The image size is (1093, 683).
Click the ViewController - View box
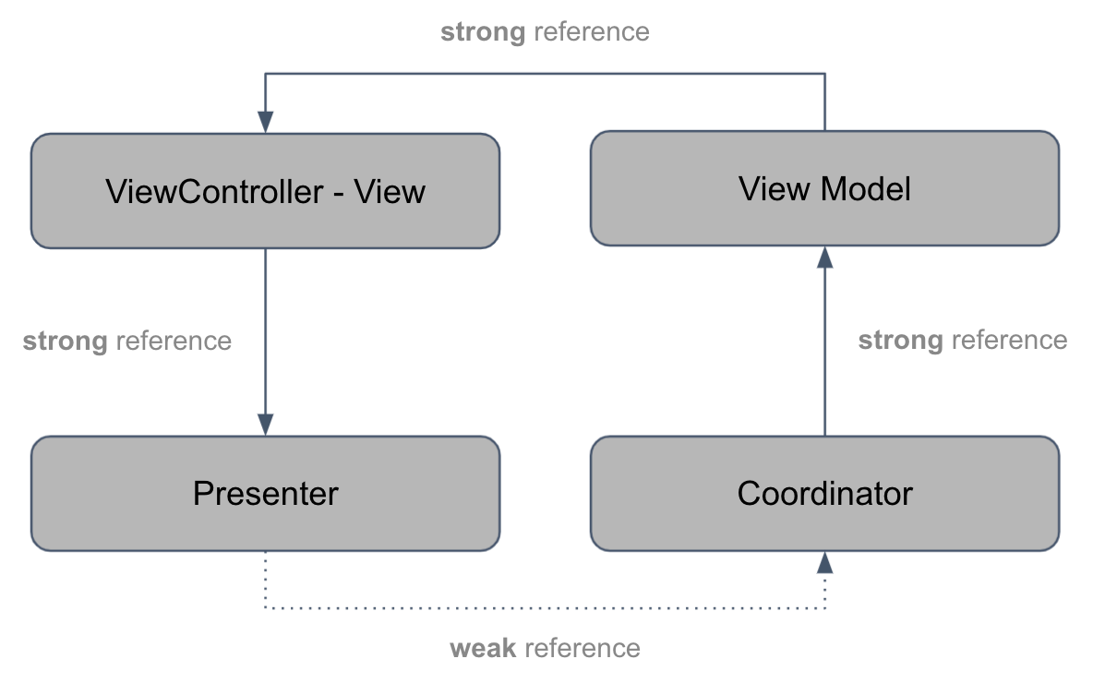click(x=265, y=191)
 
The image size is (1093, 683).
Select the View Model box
click(x=824, y=188)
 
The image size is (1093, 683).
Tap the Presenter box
click(x=265, y=494)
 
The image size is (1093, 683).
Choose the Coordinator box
click(x=824, y=494)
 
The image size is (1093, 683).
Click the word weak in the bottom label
click(x=483, y=648)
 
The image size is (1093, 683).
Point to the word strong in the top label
click(x=483, y=32)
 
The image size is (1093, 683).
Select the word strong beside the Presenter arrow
click(x=65, y=341)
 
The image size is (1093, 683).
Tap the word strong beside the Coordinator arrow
click(x=900, y=341)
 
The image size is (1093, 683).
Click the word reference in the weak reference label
click(x=582, y=648)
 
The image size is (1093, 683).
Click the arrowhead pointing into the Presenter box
click(x=265, y=424)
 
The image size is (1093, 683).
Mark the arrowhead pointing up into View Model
click(x=824, y=258)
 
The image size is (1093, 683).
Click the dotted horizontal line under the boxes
click(x=545, y=607)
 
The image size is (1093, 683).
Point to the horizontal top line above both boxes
click(x=545, y=74)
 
